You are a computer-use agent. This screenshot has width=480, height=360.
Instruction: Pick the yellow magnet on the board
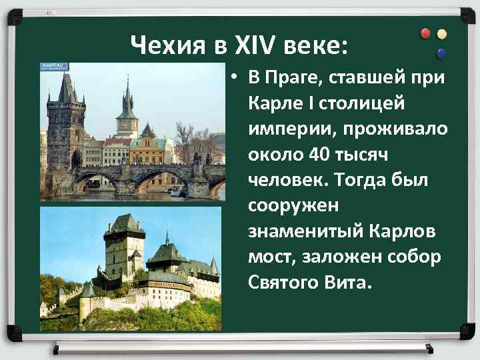tap(441, 34)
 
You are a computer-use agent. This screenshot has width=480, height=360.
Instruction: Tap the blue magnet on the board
tap(441, 53)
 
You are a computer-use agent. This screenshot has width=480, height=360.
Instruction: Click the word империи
tap(290, 129)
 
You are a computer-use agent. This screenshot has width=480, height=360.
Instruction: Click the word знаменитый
tap(303, 231)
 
